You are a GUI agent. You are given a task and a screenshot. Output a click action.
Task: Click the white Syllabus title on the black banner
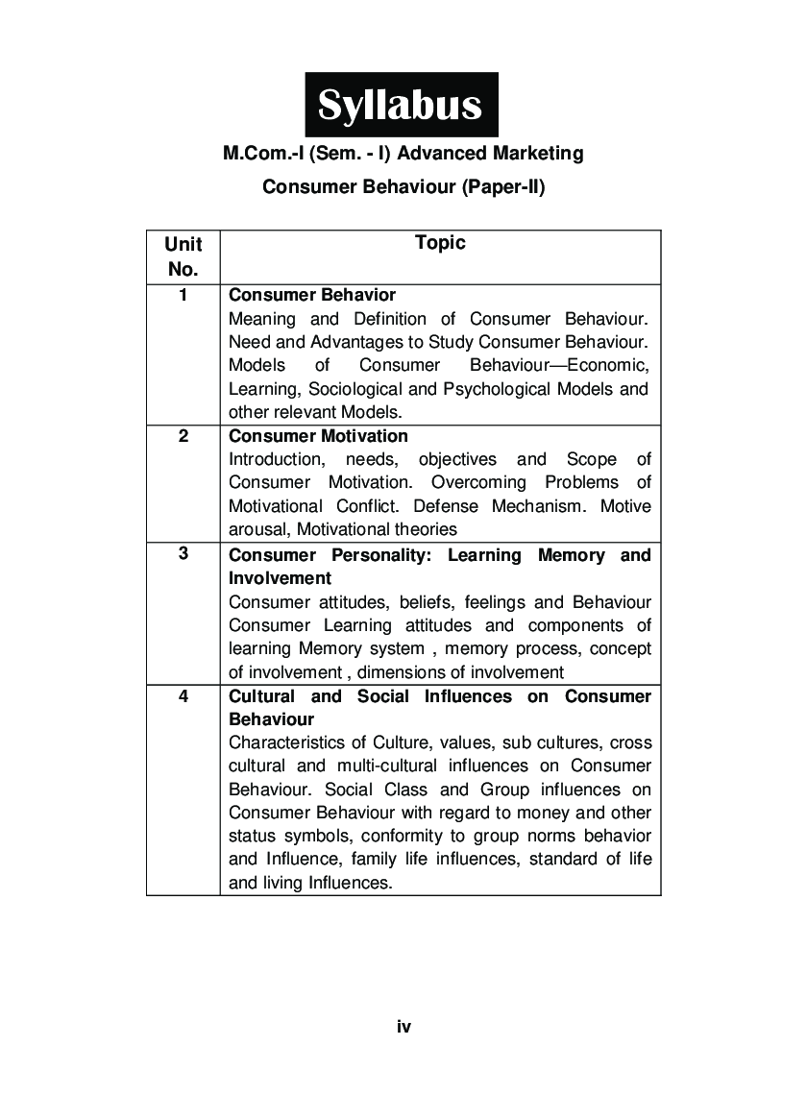[401, 104]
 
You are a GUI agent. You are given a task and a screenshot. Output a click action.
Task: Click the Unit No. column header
[183, 256]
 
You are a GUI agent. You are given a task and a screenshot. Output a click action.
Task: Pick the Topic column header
[440, 243]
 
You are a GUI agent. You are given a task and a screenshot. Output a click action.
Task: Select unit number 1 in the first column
[183, 295]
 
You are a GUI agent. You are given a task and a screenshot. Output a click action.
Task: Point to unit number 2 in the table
[183, 436]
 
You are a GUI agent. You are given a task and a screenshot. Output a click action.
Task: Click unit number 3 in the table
[183, 554]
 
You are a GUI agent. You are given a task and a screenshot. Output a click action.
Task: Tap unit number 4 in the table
[183, 695]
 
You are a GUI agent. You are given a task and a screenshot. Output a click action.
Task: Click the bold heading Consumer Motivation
[306, 436]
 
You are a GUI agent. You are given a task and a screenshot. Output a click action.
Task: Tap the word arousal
[258, 529]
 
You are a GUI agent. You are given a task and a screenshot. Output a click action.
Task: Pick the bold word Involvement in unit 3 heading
[280, 578]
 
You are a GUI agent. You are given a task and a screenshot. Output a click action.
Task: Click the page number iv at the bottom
[403, 1027]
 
